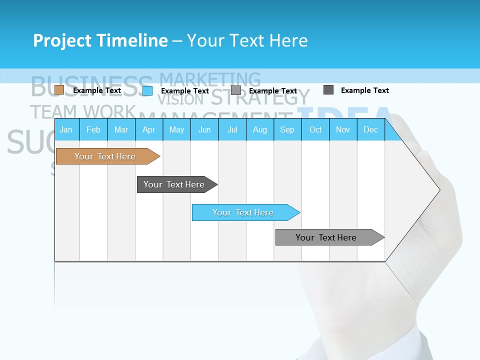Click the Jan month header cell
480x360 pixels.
click(66, 129)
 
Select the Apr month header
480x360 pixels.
click(148, 129)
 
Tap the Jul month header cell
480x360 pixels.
click(232, 129)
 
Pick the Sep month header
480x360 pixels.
click(287, 129)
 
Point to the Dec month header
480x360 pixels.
click(370, 129)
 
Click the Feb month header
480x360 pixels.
click(93, 129)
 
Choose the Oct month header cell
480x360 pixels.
click(315, 129)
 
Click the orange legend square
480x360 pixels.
click(59, 90)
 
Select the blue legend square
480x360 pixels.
click(147, 90)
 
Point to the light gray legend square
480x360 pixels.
click(236, 90)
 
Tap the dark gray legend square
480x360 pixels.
click(328, 90)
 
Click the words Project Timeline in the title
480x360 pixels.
click(100, 40)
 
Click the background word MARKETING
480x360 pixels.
click(210, 79)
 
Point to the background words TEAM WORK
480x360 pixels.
click(82, 111)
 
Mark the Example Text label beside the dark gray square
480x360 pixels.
click(364, 90)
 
